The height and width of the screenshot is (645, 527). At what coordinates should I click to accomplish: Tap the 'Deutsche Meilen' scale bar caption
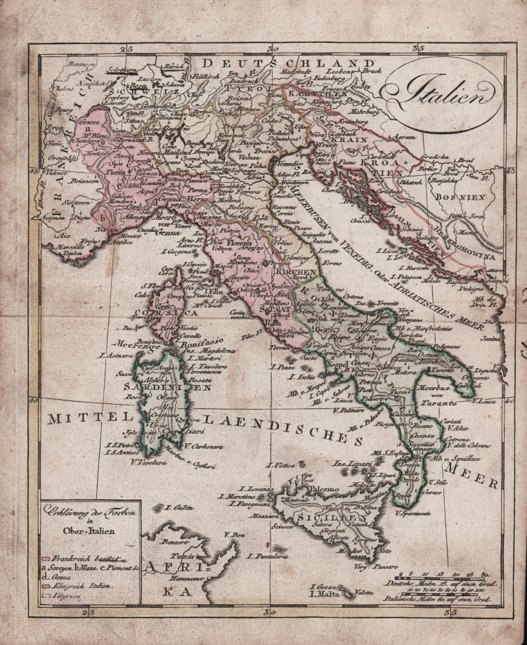tap(429, 585)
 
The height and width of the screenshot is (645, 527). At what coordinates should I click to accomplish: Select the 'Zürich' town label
tap(171, 65)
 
